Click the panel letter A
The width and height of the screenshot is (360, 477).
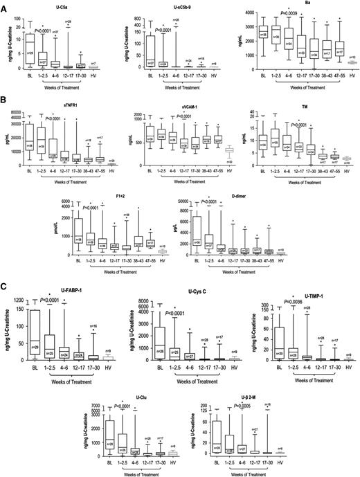click(5, 5)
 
